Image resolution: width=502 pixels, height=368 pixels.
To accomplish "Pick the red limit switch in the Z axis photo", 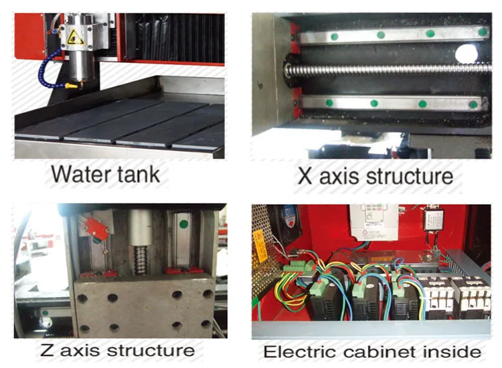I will pos(96,231).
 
